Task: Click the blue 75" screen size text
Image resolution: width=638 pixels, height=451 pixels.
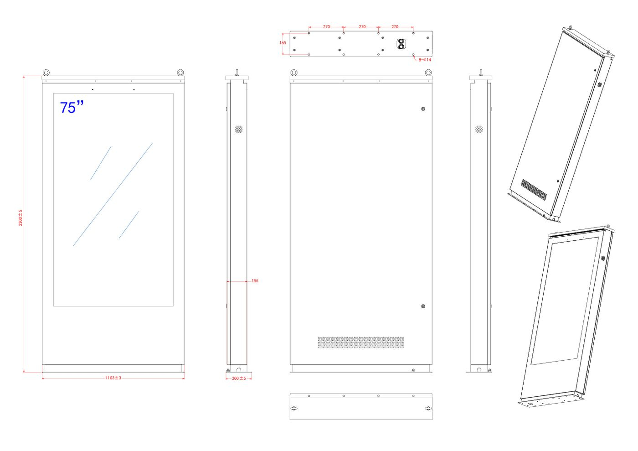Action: pos(72,108)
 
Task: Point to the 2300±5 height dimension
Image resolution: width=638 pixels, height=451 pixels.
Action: pos(21,218)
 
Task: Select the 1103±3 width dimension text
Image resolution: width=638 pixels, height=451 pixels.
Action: pos(113,378)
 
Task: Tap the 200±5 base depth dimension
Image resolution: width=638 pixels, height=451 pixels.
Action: pos(239,378)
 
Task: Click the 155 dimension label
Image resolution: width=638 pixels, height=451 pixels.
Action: pos(255,281)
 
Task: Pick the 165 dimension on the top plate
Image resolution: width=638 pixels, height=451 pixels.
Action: pos(283,43)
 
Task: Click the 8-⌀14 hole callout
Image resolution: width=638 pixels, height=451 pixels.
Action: pos(425,60)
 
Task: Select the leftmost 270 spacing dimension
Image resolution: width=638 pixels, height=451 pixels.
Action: pos(326,27)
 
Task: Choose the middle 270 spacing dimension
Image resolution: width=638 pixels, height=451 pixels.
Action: pos(362,27)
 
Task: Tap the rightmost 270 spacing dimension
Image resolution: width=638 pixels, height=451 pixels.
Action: pos(395,27)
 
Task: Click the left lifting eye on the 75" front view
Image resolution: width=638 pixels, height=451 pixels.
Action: pos(46,73)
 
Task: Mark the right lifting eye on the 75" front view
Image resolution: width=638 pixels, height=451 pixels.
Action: pos(180,73)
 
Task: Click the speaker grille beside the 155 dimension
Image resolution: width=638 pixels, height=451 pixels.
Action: pos(239,130)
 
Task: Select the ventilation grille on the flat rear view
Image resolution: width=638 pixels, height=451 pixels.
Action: pos(361,342)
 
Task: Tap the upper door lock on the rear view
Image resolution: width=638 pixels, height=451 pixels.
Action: pos(423,109)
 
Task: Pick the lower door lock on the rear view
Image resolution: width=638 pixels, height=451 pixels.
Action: pos(423,306)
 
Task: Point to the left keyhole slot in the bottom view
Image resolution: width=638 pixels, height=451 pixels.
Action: pos(294,409)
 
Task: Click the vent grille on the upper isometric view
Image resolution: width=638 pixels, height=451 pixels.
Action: pos(534,190)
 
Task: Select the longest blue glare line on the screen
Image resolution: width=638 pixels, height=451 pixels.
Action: pos(113,194)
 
